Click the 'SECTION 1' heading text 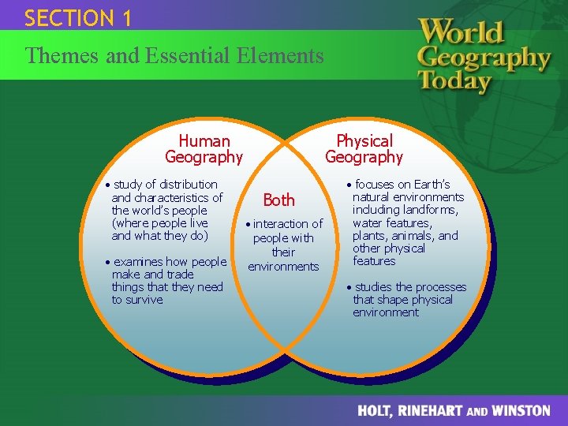click(77, 18)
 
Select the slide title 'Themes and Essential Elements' click(174, 56)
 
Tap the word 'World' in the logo click(461, 32)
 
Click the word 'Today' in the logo click(454, 80)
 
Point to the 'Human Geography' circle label click(204, 149)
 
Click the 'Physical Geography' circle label click(364, 149)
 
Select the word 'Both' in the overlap click(278, 200)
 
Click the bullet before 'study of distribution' click(108, 185)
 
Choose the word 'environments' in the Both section click(283, 267)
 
